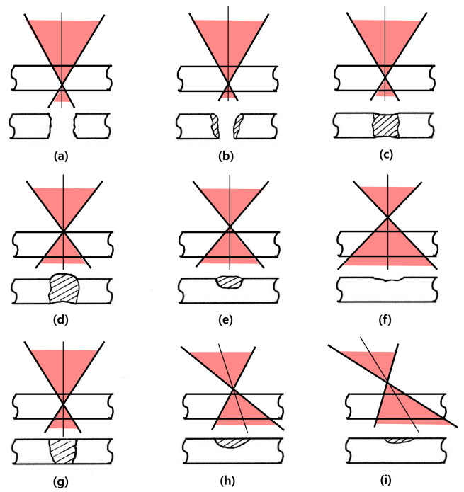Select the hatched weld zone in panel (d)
64,289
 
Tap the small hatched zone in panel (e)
228,282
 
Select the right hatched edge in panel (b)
239,125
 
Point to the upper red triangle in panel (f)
388,198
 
